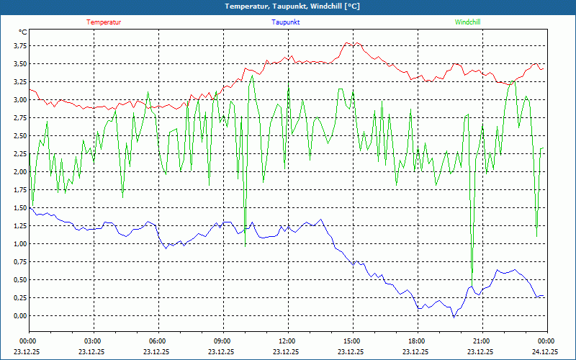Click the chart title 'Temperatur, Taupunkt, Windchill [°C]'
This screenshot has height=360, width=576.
[x=287, y=6]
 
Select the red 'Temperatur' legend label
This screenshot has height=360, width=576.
[x=104, y=22]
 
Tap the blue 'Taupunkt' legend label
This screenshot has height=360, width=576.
[x=286, y=22]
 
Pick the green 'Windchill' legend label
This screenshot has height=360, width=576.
[x=468, y=22]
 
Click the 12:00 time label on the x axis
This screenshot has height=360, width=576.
[x=287, y=341]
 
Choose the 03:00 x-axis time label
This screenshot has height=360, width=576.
[x=93, y=341]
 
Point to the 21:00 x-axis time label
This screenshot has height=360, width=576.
[x=480, y=341]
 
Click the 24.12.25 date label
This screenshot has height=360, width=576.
[x=545, y=352]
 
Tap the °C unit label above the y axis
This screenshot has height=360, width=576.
[x=23, y=32]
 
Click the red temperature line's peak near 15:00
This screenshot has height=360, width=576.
[x=348, y=42]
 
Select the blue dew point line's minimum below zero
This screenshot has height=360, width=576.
[x=453, y=317]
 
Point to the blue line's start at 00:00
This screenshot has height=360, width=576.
[x=30, y=207]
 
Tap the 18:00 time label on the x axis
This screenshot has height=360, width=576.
[x=415, y=341]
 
